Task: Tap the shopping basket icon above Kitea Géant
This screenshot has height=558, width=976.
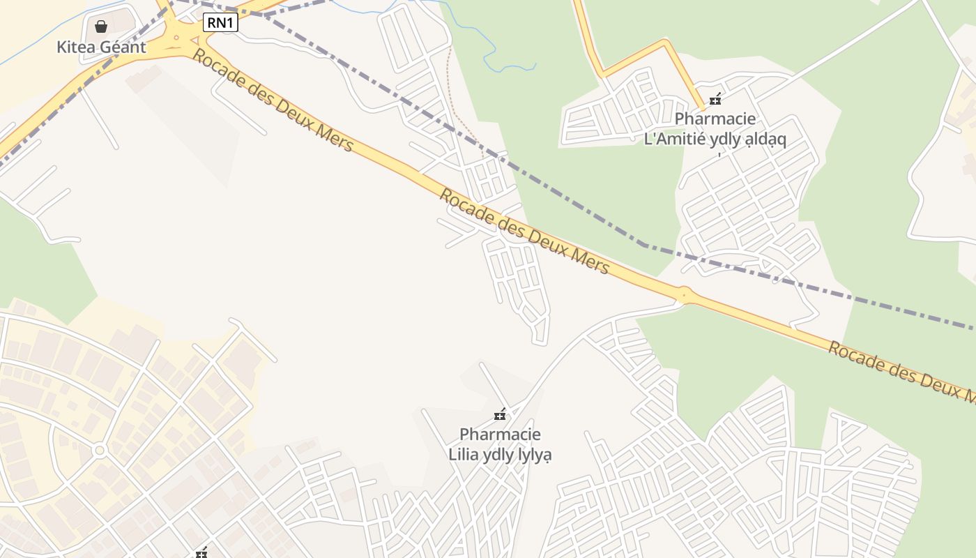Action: coord(101,27)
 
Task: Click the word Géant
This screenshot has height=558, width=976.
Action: coord(123,47)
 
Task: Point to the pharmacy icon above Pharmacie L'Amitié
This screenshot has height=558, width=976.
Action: coord(715,100)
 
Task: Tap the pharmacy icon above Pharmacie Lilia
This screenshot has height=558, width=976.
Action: coord(499,415)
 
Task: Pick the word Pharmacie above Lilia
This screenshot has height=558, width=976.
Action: coord(500,435)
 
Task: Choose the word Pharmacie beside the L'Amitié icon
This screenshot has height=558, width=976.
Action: coord(715,119)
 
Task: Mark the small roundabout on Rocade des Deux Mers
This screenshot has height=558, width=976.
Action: coord(684,296)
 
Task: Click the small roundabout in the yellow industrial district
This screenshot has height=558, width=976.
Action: coord(99,451)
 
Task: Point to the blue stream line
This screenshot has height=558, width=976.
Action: coord(488,49)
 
